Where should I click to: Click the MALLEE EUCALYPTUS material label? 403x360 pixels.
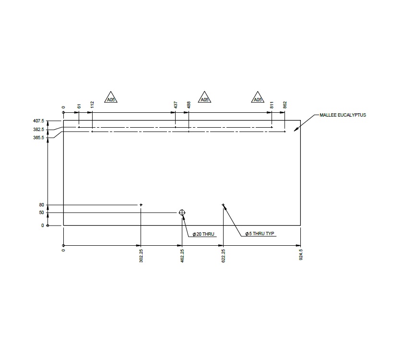(x=343, y=115)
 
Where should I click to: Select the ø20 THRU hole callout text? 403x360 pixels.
(x=203, y=234)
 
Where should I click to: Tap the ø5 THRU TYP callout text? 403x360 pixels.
(x=260, y=234)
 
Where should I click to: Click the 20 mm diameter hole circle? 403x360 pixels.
(x=182, y=213)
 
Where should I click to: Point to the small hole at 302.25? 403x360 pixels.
(x=141, y=205)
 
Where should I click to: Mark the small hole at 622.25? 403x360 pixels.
(x=223, y=205)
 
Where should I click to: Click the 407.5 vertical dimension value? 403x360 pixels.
(x=38, y=121)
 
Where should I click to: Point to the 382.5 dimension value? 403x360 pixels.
(x=38, y=130)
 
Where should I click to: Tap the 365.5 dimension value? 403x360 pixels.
(x=38, y=138)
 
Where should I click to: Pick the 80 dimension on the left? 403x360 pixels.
(x=42, y=205)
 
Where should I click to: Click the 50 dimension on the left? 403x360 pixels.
(x=42, y=213)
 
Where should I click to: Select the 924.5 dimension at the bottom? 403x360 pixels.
(x=301, y=253)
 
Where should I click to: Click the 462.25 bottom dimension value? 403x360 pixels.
(x=182, y=254)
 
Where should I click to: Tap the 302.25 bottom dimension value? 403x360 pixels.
(x=141, y=254)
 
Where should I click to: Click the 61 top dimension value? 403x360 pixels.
(x=79, y=106)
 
